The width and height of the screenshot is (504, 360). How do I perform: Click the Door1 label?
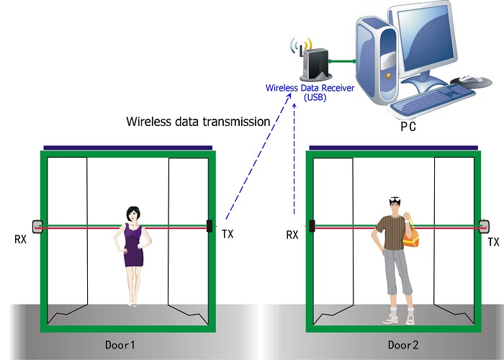coord(120,346)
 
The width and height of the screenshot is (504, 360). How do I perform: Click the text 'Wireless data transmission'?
coord(198,121)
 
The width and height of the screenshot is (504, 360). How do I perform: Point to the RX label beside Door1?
coord(19,235)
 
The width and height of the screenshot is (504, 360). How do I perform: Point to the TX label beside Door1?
coord(228,234)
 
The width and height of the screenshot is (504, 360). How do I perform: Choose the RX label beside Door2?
coord(292,235)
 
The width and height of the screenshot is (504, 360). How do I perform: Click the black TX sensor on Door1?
coord(210,225)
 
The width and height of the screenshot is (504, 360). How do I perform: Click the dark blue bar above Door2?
coord(392,148)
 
